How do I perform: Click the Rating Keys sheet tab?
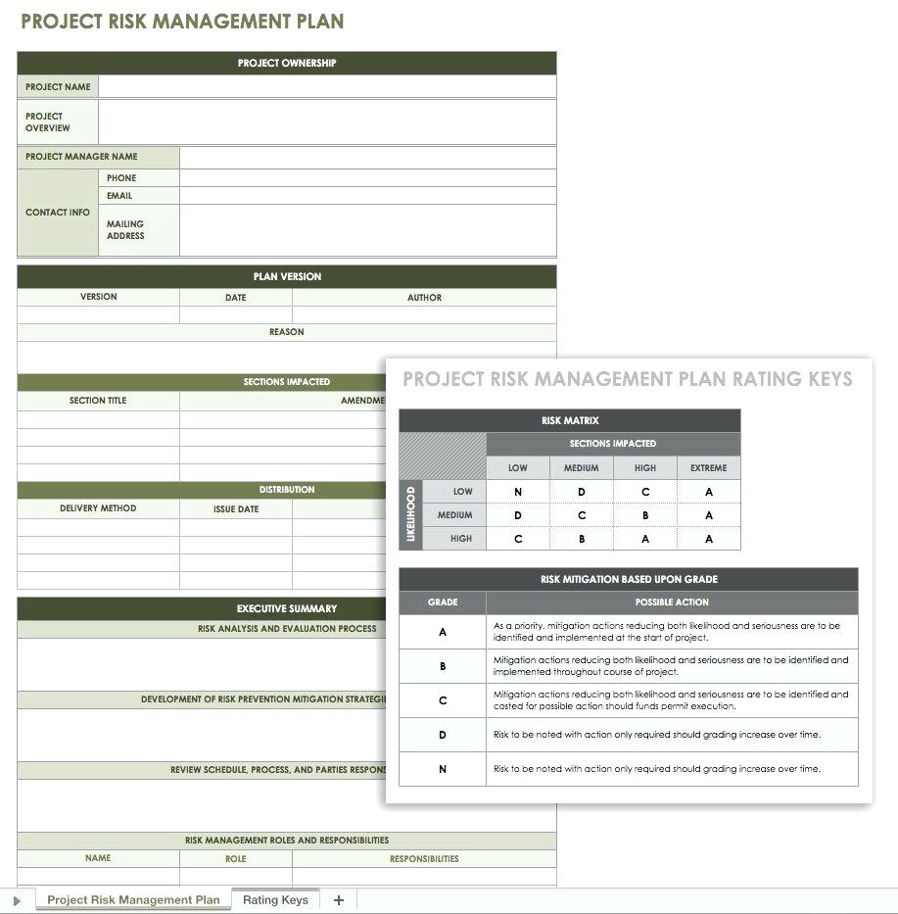pos(275,899)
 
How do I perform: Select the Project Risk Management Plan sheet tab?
pos(133,899)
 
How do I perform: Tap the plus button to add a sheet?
pos(339,899)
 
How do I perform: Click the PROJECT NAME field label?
pos(58,86)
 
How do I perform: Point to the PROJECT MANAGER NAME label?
pos(81,156)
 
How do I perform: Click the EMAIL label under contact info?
pos(119,195)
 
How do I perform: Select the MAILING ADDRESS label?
pos(125,229)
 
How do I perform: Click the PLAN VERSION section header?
pos(287,276)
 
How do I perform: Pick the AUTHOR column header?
pos(424,297)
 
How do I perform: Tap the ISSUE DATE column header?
pos(236,508)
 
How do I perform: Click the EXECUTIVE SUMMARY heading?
pos(287,608)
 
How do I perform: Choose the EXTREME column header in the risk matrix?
pos(708,467)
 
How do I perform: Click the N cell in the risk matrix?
pos(518,492)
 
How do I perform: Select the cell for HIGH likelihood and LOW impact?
pos(518,538)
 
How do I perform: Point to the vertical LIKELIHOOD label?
pos(410,514)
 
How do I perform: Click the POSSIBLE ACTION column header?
pos(672,601)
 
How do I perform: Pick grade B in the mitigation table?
pos(443,666)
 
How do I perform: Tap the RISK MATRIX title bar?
pos(570,420)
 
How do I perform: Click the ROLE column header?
pos(235,858)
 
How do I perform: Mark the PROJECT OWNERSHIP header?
pos(287,63)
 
